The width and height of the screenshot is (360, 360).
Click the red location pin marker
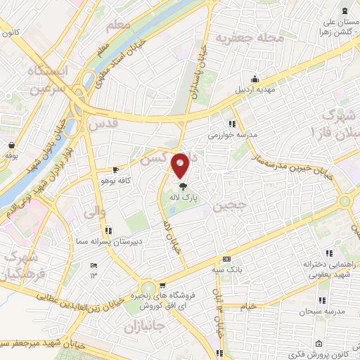pyautogui.click(x=181, y=166)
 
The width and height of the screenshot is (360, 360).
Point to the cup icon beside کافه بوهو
pyautogui.click(x=116, y=169)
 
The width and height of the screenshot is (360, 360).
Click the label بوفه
pyautogui.click(x=11, y=155)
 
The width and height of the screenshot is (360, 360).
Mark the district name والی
pyautogui.click(x=94, y=210)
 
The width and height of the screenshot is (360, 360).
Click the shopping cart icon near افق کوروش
pyautogui.click(x=163, y=285)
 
